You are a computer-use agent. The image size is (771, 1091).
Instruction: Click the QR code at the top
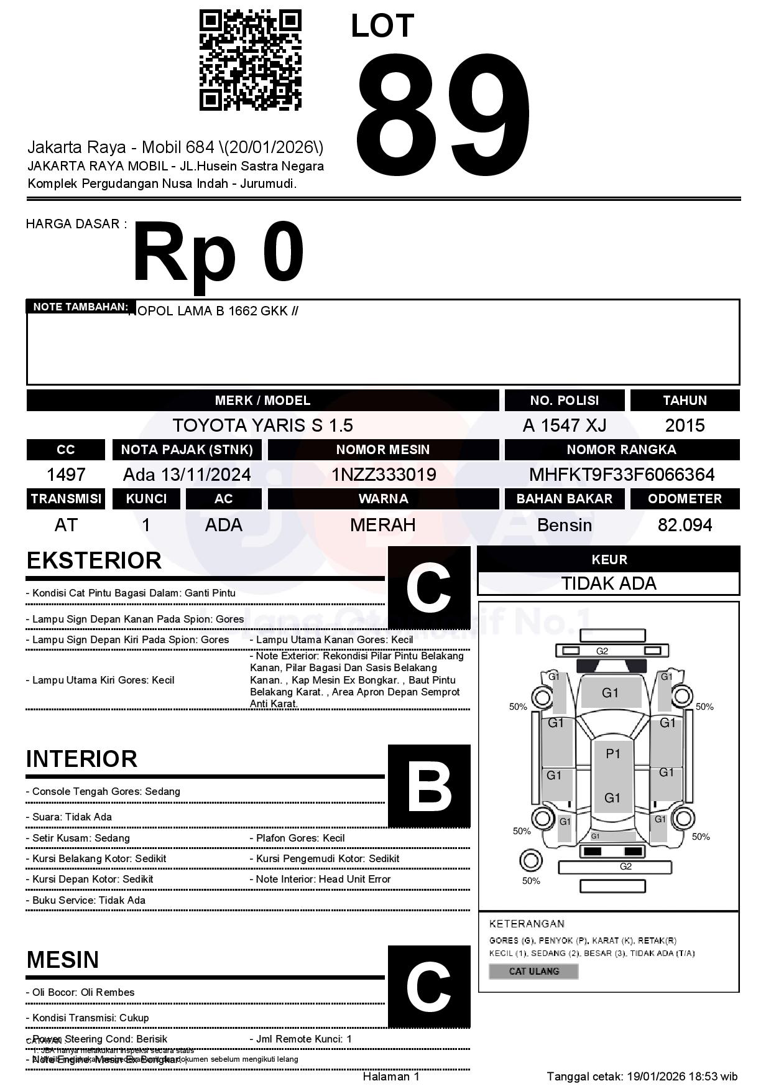click(250, 60)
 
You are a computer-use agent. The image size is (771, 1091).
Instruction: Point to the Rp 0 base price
click(218, 254)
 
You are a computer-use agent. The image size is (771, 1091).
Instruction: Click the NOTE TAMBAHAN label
click(81, 307)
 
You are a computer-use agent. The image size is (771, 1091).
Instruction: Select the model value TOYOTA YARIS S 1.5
click(262, 425)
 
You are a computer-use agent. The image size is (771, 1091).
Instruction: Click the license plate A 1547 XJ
click(564, 425)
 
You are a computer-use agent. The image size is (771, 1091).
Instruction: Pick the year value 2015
click(685, 425)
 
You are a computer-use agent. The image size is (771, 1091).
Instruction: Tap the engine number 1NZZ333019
click(383, 475)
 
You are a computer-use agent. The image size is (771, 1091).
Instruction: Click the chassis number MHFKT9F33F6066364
click(622, 475)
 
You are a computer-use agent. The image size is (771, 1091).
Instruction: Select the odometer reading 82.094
click(685, 525)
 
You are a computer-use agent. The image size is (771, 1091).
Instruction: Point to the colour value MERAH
click(383, 525)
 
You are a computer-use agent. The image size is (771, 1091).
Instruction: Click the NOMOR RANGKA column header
click(622, 449)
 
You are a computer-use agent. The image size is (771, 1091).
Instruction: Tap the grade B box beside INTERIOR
click(429, 786)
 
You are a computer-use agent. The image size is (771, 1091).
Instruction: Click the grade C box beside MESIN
click(429, 986)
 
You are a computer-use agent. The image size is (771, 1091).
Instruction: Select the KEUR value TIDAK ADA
click(609, 583)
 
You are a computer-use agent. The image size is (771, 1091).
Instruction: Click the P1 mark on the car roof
click(613, 754)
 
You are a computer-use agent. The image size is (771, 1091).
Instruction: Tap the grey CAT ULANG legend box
click(533, 971)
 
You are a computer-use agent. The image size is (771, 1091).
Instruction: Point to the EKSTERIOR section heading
click(94, 560)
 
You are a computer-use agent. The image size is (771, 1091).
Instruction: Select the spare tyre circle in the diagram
click(530, 861)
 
